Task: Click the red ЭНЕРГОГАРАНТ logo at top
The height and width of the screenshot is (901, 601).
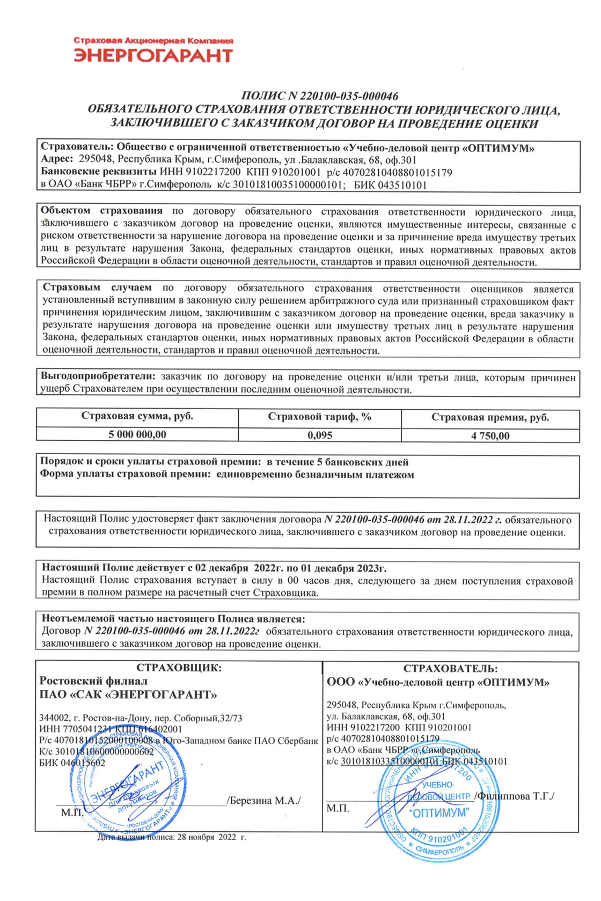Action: tap(153, 55)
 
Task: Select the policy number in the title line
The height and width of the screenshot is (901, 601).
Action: tap(349, 97)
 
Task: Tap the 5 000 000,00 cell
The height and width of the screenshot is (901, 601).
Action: tap(137, 434)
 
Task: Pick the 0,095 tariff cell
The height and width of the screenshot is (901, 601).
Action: tap(320, 435)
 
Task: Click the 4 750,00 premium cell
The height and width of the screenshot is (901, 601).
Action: tap(490, 435)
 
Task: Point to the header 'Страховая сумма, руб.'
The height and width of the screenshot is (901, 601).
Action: tap(137, 416)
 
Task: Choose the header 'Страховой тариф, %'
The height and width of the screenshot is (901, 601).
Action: tap(320, 417)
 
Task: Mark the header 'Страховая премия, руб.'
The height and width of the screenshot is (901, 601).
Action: tap(490, 417)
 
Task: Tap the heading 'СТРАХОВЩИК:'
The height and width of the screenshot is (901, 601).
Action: tap(179, 668)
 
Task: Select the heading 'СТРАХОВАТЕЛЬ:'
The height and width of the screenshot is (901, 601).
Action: tap(450, 669)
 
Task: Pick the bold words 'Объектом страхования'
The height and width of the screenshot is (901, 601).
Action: tap(102, 211)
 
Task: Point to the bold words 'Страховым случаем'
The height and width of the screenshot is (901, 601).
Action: tap(97, 287)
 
